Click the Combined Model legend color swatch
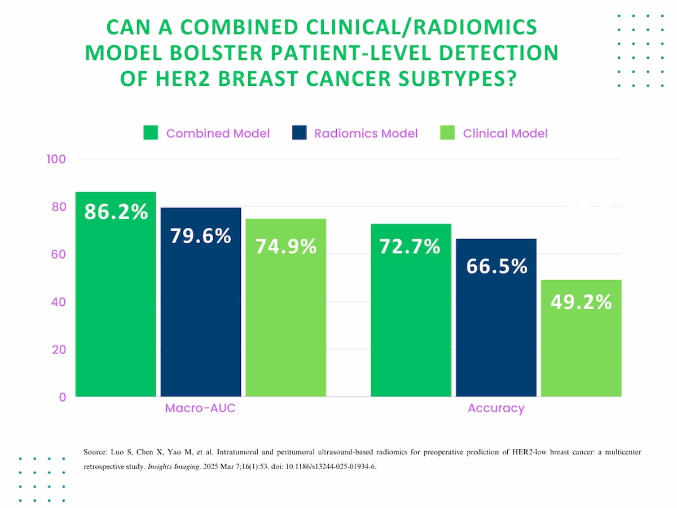(x=151, y=133)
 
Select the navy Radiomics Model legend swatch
(x=300, y=133)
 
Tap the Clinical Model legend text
(x=505, y=134)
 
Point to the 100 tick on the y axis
(x=56, y=159)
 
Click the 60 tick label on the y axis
(x=59, y=254)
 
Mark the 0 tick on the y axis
(x=63, y=397)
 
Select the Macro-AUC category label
(x=200, y=408)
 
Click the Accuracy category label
(x=496, y=408)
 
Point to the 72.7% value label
(x=410, y=247)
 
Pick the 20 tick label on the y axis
(x=59, y=349)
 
